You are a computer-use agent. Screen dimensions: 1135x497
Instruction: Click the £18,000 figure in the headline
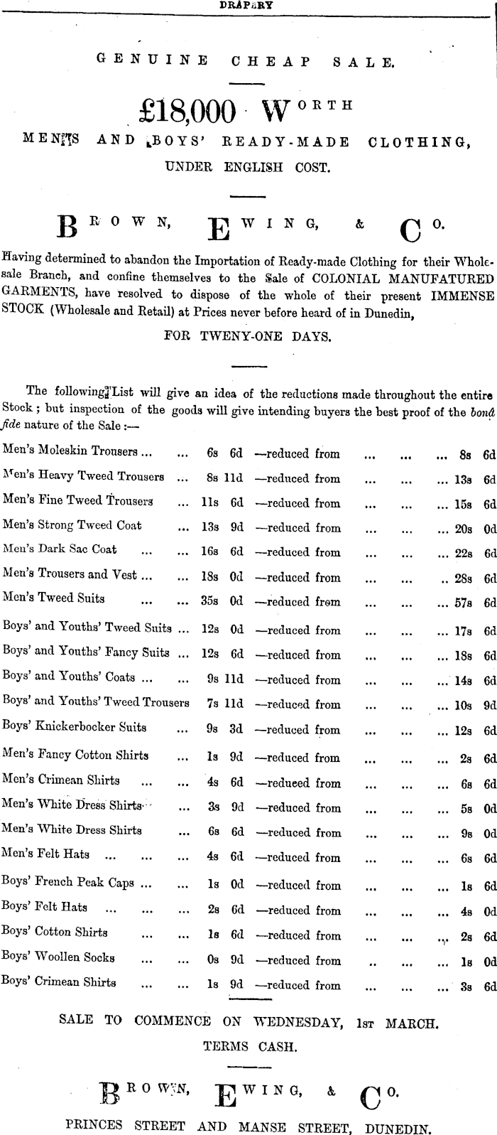[189, 111]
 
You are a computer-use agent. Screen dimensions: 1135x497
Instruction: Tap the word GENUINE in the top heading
[152, 61]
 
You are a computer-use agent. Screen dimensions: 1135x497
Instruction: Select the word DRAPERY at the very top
[247, 4]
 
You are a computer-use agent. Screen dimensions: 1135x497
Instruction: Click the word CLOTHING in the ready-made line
[419, 141]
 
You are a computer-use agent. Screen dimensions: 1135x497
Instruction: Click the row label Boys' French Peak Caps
[67, 883]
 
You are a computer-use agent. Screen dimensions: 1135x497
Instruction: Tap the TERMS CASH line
[249, 1046]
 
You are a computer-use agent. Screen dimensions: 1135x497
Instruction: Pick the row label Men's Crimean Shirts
[60, 780]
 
